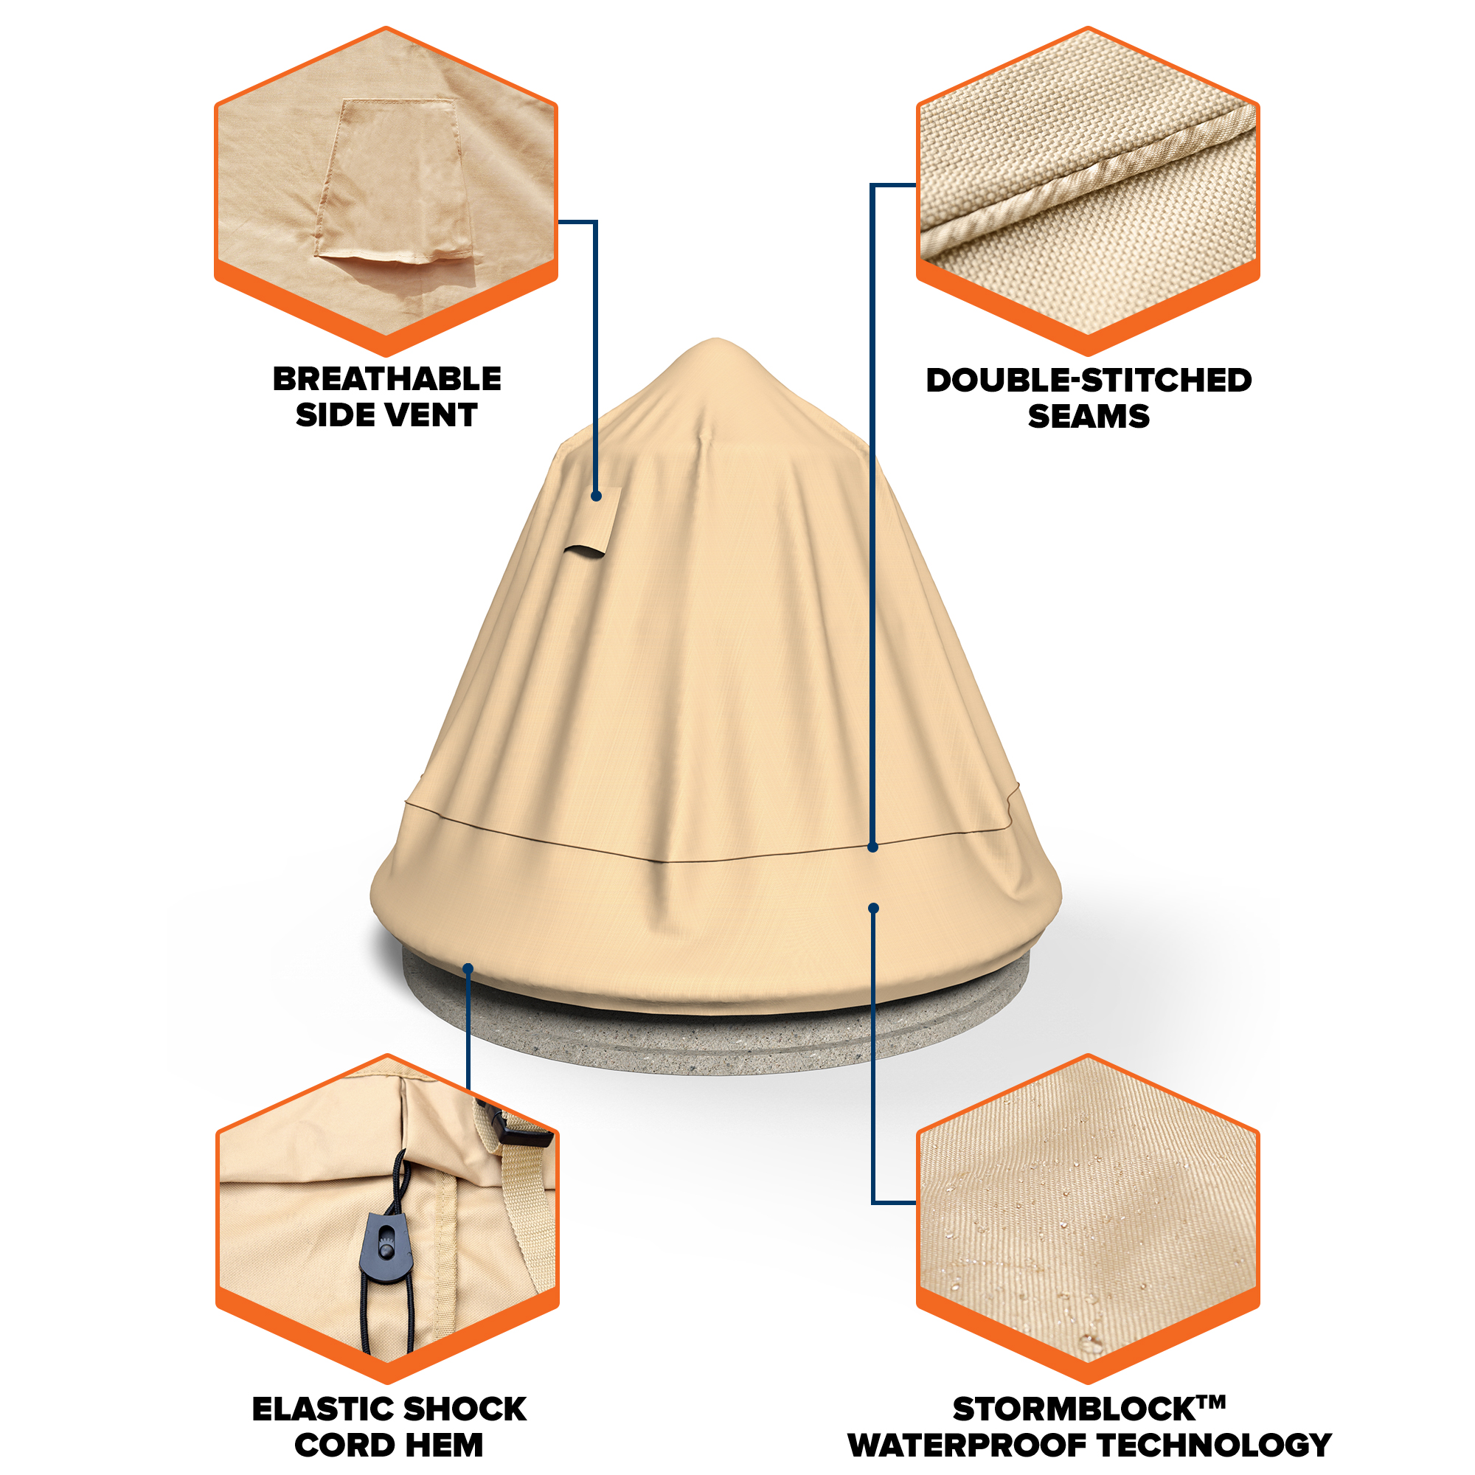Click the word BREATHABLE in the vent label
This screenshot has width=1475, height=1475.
click(387, 379)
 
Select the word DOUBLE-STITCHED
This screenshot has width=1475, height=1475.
click(1089, 381)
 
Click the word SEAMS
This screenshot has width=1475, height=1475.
click(1089, 417)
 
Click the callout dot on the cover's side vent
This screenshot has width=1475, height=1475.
click(596, 496)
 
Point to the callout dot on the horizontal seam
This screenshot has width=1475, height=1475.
click(872, 847)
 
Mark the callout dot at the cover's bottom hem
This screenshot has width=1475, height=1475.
click(468, 969)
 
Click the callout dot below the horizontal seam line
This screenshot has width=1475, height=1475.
click(873, 908)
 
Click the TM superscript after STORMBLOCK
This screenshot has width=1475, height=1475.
click(1211, 1402)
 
